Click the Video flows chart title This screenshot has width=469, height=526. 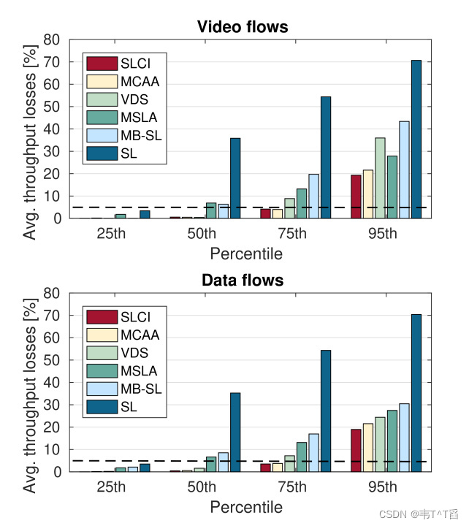coord(243,27)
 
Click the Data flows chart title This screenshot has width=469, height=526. coord(243,281)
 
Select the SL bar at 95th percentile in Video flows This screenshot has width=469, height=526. coord(416,139)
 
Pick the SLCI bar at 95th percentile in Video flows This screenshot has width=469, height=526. coord(356,197)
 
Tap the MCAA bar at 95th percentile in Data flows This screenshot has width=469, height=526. coord(368,447)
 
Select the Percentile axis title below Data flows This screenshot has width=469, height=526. coord(246,507)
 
